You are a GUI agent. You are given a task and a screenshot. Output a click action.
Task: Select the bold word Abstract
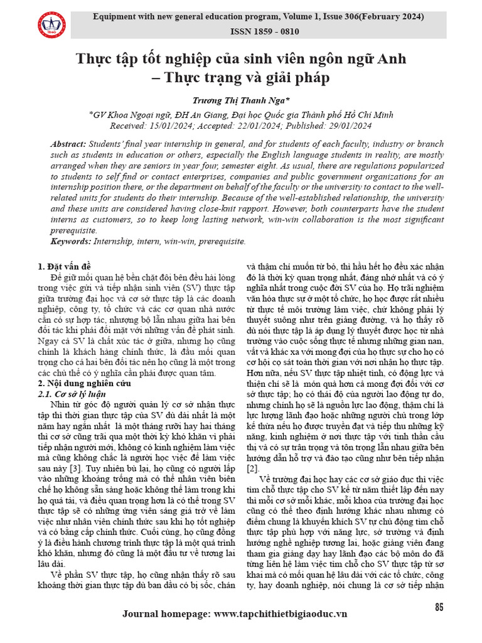pos(68,144)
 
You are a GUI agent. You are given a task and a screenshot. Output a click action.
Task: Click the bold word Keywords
pos(70,241)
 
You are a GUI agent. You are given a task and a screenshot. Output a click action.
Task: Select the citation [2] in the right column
pos(252,468)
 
